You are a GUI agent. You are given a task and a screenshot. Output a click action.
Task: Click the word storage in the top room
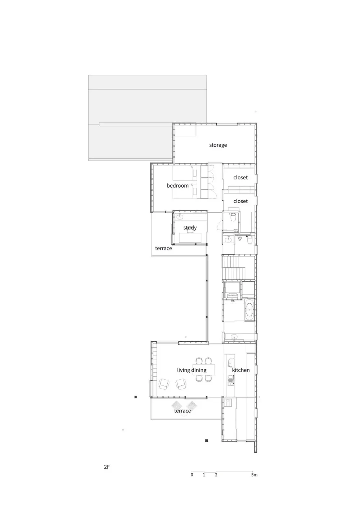click(x=218, y=145)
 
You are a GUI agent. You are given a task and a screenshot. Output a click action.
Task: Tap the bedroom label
click(x=177, y=186)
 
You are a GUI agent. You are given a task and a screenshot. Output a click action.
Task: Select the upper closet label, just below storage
click(x=240, y=178)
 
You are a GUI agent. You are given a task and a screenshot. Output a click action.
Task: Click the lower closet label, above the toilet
click(x=240, y=201)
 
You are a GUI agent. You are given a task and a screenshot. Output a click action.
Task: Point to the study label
click(x=190, y=228)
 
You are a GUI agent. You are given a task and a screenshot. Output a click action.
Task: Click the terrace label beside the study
click(x=163, y=249)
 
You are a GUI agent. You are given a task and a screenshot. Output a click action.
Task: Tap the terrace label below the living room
click(x=182, y=411)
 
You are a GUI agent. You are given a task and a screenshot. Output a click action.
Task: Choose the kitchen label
click(x=240, y=370)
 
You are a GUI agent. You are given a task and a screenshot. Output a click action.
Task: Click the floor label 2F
click(x=107, y=467)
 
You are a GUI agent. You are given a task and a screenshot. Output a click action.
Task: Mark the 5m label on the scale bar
click(x=254, y=475)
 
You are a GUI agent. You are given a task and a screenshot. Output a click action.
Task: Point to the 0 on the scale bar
click(x=192, y=475)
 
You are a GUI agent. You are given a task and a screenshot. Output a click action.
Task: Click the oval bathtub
click(x=249, y=309)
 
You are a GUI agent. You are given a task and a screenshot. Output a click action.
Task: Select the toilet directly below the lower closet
click(x=233, y=218)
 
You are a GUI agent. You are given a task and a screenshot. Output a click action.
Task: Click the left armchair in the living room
click(x=164, y=384)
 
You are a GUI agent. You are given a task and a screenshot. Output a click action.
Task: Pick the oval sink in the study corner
click(x=180, y=217)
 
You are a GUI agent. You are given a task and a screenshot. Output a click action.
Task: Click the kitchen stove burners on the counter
click(x=230, y=379)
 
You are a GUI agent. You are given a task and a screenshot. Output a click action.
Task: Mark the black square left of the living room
click(x=136, y=397)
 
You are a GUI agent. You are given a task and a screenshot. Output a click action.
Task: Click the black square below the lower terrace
click(x=207, y=441)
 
